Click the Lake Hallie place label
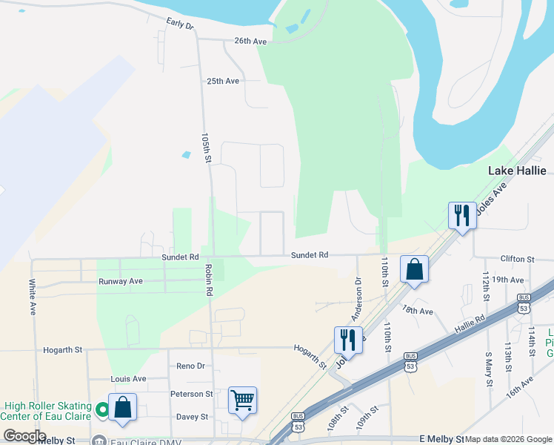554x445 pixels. (x=517, y=171)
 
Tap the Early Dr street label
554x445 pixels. (x=179, y=24)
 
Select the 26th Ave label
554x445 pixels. (x=250, y=42)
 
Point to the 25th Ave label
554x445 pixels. (x=223, y=81)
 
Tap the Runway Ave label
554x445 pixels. (x=121, y=282)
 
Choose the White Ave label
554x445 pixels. (x=33, y=294)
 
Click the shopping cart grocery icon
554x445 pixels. (x=242, y=400)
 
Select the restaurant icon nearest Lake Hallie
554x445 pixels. (x=462, y=215)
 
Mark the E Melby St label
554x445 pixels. (x=441, y=439)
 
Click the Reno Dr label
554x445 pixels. (x=190, y=366)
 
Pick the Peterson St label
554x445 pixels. (x=191, y=394)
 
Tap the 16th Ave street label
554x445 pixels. (x=520, y=387)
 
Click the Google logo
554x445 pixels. (x=24, y=436)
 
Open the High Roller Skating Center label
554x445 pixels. (x=47, y=411)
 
